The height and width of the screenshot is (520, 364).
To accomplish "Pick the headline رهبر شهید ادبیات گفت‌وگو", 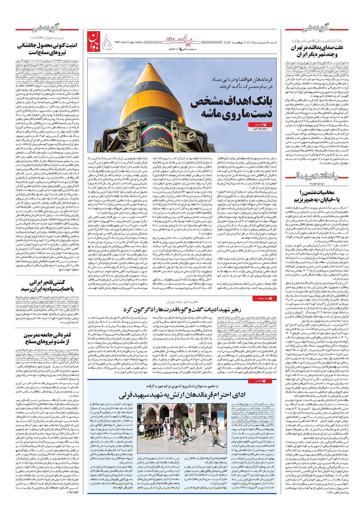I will tap(182, 310).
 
